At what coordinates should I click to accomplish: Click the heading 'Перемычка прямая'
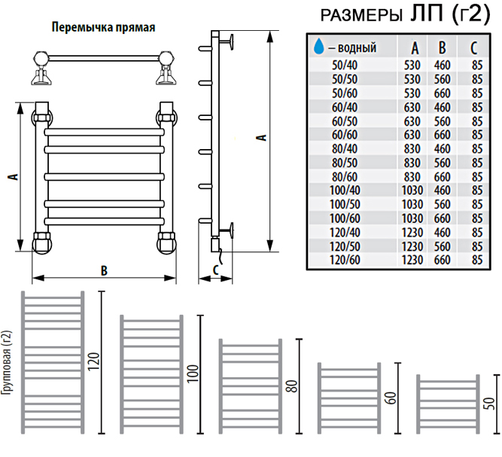[103, 28]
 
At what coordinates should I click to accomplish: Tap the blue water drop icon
[318, 48]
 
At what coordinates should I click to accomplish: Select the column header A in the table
[413, 49]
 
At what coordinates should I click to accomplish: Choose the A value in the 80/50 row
[412, 163]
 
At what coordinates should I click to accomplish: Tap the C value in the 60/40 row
[476, 108]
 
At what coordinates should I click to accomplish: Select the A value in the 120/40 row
[412, 232]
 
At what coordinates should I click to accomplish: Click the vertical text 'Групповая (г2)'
[7, 374]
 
